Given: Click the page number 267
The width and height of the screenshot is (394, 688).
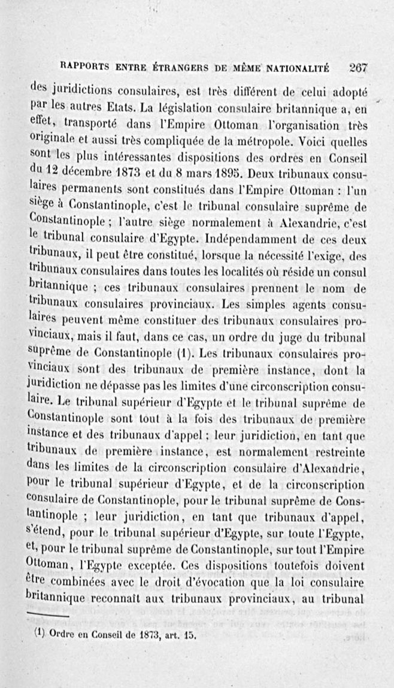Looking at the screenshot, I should tap(358, 68).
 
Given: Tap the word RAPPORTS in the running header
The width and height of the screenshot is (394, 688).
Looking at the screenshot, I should tap(84, 67).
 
